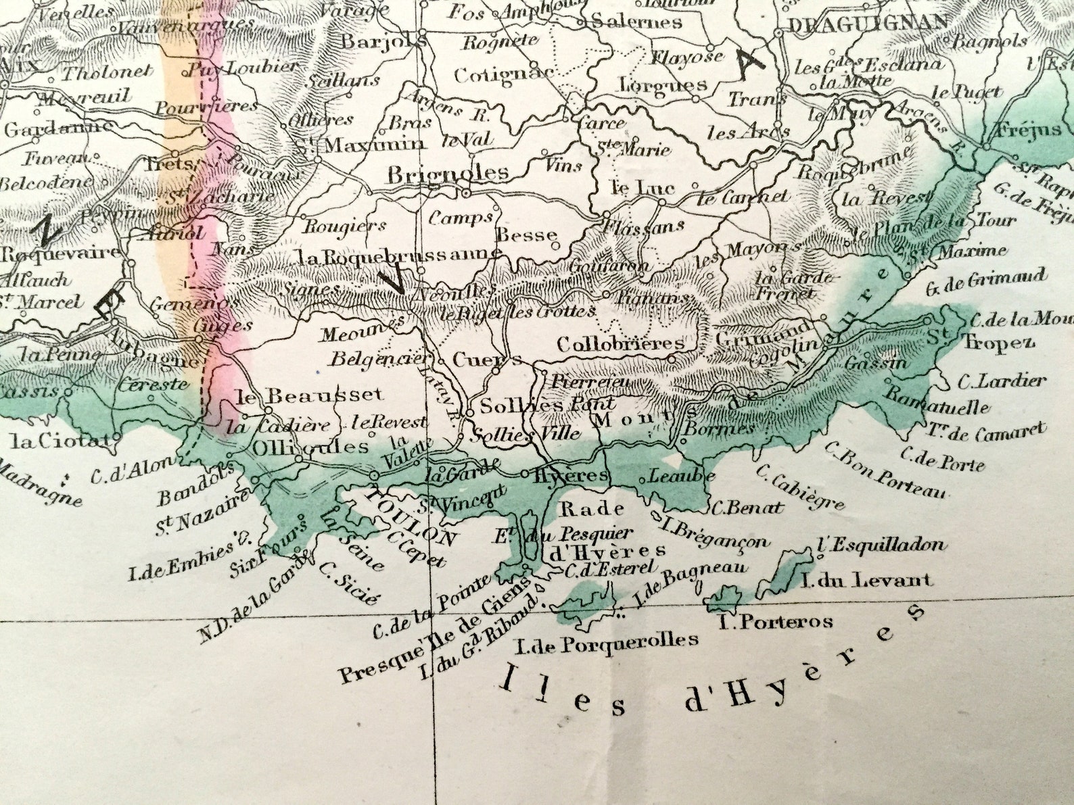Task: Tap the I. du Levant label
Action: click(x=866, y=579)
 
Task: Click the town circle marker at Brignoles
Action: click(x=466, y=193)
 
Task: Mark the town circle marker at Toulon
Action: click(x=374, y=476)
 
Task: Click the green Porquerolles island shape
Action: click(x=588, y=602)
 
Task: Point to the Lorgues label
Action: click(x=663, y=86)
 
